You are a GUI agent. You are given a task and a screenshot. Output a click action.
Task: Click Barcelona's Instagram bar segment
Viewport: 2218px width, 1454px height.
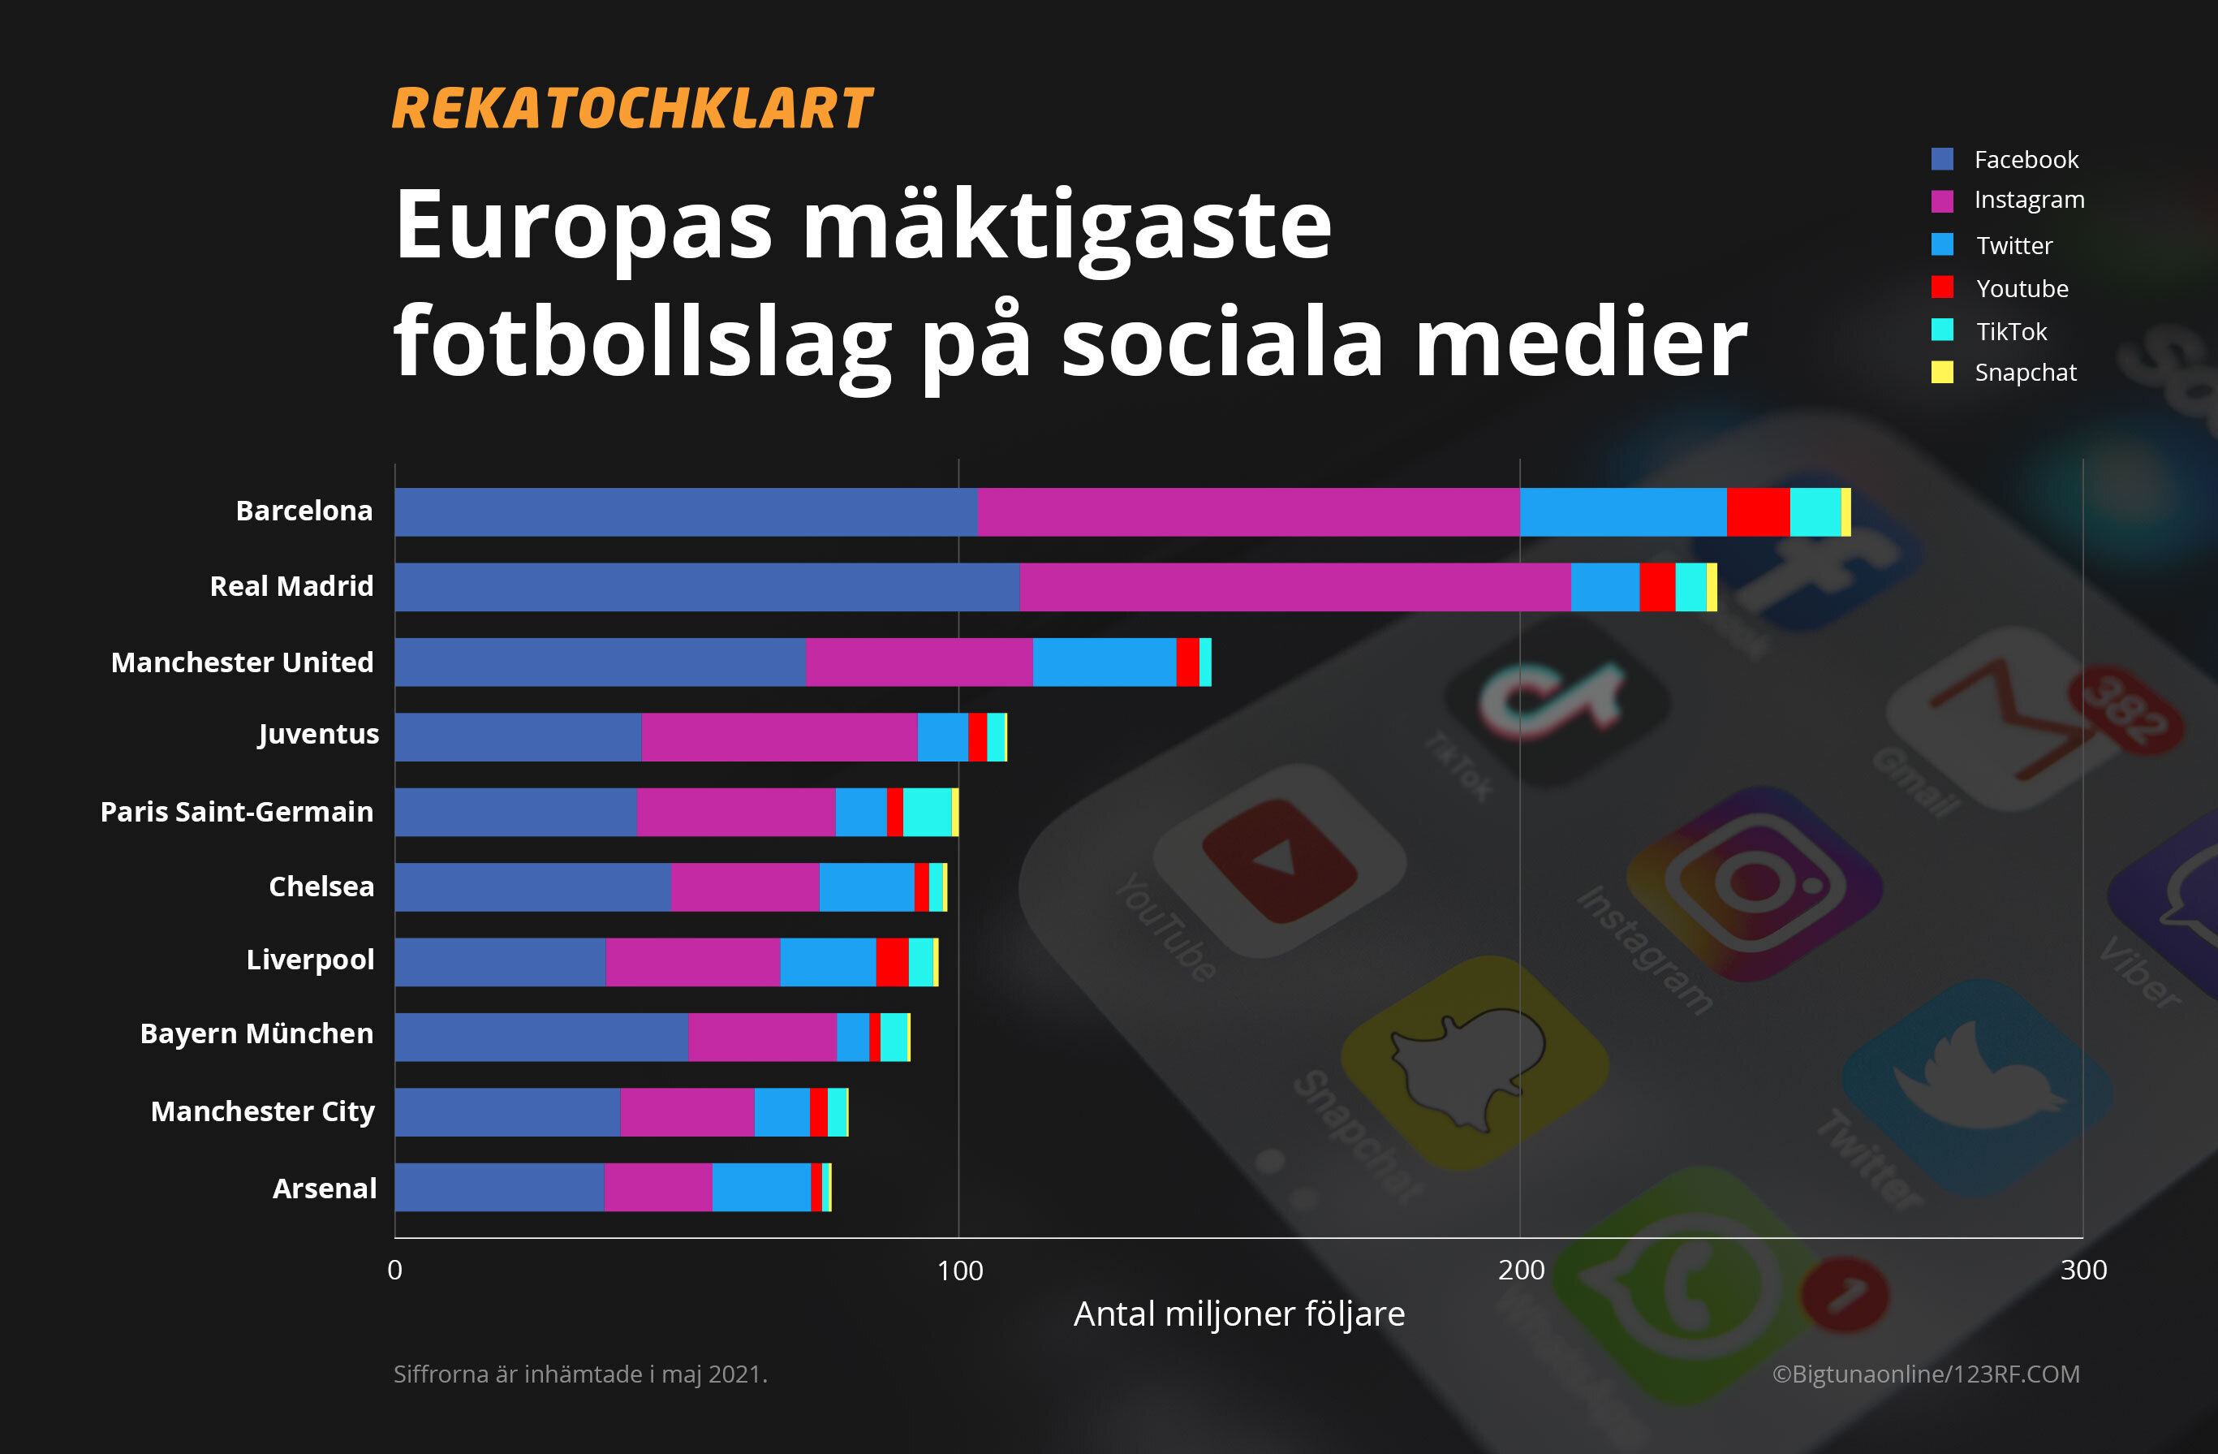(x=1249, y=511)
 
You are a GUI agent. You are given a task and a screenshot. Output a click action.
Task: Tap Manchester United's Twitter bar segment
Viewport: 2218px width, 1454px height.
(x=1105, y=662)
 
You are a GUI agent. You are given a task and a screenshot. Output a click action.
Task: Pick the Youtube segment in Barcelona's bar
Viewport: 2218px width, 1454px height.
(x=1758, y=511)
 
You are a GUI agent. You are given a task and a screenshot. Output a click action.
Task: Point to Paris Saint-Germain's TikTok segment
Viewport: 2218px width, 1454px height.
(x=928, y=812)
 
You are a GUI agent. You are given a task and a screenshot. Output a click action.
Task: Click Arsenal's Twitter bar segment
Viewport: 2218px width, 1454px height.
(x=761, y=1187)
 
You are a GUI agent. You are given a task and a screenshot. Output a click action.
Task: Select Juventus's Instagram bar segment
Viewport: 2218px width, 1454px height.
(x=779, y=737)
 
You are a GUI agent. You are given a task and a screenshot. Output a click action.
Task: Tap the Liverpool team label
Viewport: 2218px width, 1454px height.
(x=309, y=959)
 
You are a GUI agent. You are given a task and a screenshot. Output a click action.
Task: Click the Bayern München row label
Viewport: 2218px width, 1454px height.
(x=256, y=1033)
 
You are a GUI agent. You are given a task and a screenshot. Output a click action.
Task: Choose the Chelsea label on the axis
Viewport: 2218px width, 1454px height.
(x=321, y=887)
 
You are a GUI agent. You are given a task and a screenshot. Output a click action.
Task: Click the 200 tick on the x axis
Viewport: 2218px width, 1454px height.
(x=1521, y=1270)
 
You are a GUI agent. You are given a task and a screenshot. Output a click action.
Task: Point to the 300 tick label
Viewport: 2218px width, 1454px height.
(x=2082, y=1270)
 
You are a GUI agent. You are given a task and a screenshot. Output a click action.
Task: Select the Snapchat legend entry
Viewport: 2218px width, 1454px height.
(x=2024, y=373)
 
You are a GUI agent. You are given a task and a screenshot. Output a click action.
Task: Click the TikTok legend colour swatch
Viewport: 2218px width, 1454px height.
(x=1942, y=330)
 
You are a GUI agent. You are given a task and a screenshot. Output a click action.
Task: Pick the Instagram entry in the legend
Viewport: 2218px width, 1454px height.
(x=2028, y=201)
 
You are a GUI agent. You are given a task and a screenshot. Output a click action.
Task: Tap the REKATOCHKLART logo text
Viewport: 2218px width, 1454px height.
(x=632, y=109)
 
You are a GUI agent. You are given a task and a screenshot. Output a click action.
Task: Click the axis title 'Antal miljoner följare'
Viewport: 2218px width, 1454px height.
(x=1238, y=1314)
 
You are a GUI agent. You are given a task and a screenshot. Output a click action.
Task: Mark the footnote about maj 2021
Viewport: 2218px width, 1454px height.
(x=579, y=1374)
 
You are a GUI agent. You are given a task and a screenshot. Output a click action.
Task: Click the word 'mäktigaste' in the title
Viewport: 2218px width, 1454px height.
(x=1066, y=227)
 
